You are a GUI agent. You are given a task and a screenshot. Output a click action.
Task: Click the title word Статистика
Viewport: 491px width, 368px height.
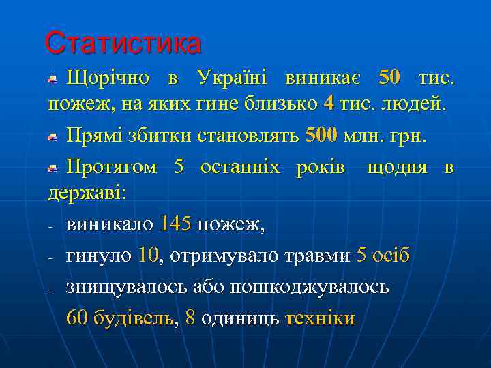(123, 43)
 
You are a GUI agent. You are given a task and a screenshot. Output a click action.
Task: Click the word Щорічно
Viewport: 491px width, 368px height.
(108, 78)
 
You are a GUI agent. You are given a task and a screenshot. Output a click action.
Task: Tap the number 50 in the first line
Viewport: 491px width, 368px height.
(389, 78)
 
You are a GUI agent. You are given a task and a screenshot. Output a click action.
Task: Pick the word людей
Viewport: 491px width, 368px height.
(419, 104)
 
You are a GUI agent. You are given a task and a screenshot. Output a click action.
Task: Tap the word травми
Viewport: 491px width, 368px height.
(314, 256)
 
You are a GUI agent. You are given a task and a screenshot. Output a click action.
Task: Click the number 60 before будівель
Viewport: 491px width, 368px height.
(76, 318)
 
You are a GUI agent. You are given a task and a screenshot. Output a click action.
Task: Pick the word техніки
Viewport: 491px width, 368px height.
(320, 318)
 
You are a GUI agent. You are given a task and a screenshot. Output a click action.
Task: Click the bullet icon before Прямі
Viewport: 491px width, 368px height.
(53, 137)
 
